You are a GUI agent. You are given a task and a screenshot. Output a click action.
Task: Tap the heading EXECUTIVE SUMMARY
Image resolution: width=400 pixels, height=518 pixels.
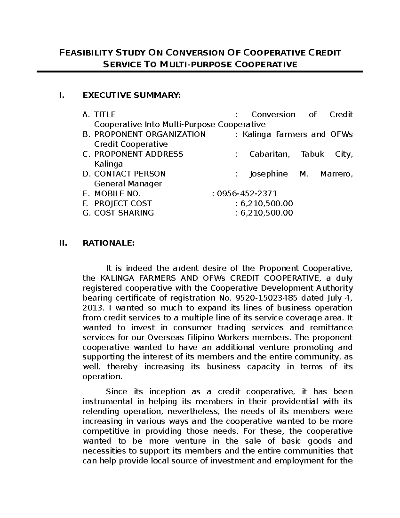(x=131, y=96)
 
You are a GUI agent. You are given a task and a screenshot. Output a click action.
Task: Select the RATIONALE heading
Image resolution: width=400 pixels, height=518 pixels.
(x=108, y=244)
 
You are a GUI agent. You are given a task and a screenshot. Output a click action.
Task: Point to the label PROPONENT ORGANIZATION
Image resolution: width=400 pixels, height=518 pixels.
(x=150, y=134)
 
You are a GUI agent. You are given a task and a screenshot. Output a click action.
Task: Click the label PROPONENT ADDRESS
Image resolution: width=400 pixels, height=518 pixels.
(x=139, y=154)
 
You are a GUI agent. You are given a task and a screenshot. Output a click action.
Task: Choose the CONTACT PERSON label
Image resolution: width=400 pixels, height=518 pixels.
(x=130, y=174)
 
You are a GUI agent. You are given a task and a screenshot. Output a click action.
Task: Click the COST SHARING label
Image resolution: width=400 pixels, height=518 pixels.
(x=124, y=213)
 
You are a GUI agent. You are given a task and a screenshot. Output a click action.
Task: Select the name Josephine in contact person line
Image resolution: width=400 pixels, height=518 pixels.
(x=268, y=174)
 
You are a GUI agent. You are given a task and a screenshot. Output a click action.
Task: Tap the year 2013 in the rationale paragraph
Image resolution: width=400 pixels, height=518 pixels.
(x=91, y=308)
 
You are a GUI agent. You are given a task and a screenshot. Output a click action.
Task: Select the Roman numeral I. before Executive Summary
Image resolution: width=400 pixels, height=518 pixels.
(x=61, y=96)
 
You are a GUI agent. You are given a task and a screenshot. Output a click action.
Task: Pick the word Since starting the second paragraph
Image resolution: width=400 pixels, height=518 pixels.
(x=116, y=392)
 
